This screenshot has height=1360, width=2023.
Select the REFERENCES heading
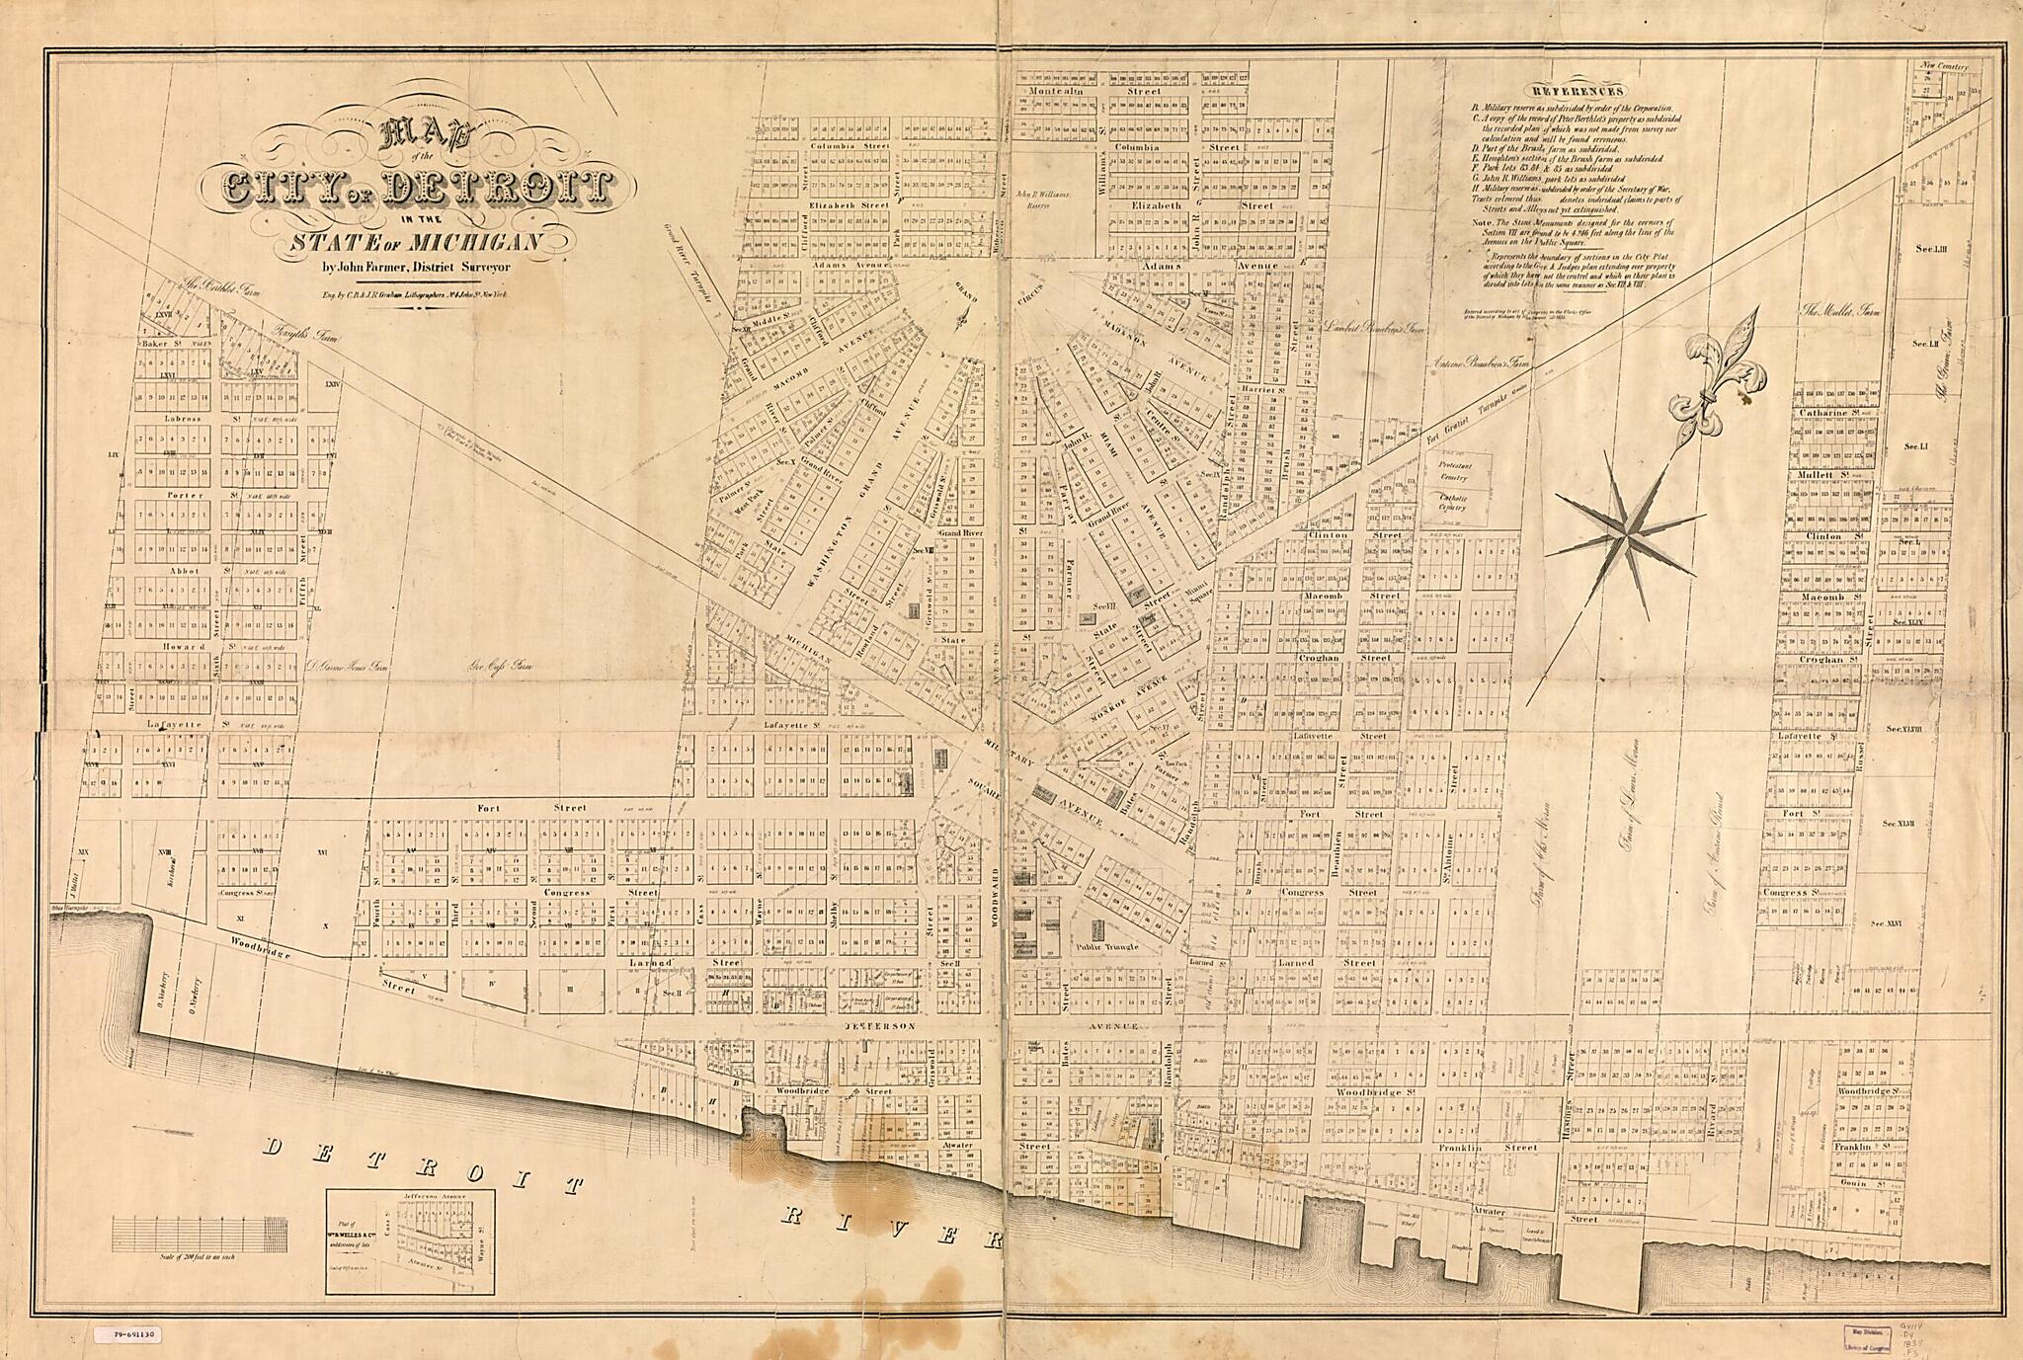[1573, 90]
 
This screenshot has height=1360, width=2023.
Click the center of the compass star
[1622, 535]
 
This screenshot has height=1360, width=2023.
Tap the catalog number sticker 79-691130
[129, 1334]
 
